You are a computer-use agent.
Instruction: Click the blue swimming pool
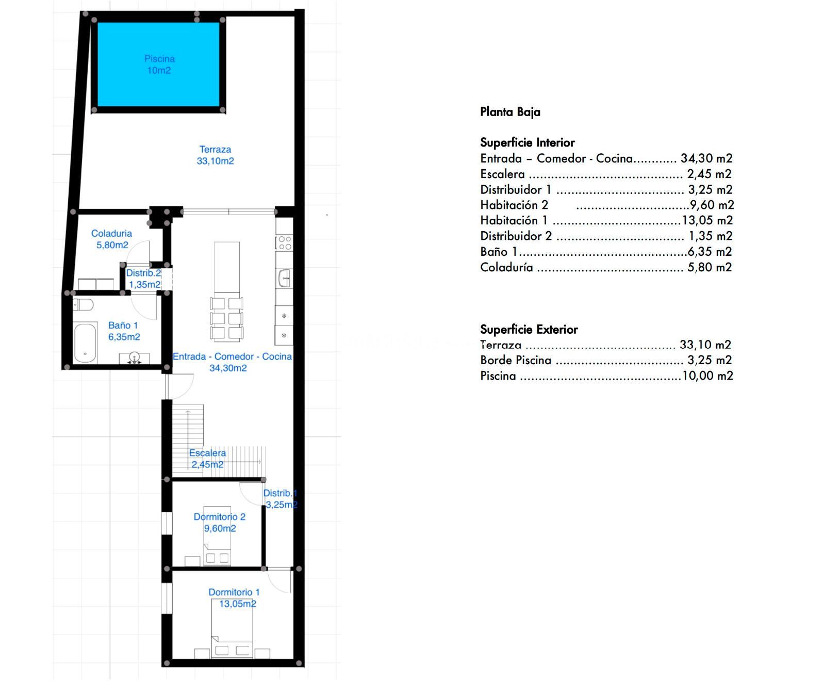tap(158, 64)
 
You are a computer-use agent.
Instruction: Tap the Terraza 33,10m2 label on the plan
tap(215, 155)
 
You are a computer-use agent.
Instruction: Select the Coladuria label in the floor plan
tap(111, 234)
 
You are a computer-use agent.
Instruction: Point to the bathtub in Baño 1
tap(85, 343)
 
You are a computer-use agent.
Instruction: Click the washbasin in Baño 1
tap(134, 358)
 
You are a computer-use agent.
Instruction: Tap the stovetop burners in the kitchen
tap(284, 243)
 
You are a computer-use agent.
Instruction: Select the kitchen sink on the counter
tap(285, 278)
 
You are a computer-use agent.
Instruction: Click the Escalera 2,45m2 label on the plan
tap(207, 459)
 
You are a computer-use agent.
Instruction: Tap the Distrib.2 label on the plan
tap(143, 273)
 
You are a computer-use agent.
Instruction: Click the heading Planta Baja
tap(510, 112)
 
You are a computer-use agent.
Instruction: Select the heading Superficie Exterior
tap(529, 329)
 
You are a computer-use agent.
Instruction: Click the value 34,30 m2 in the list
tap(706, 158)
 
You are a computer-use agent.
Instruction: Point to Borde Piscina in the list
tap(516, 360)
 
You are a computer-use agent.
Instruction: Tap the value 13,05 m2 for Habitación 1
tap(707, 220)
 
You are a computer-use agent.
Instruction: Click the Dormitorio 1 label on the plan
tap(234, 592)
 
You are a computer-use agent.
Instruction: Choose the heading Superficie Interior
tap(527, 142)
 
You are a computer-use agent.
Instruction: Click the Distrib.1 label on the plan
tap(280, 493)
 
